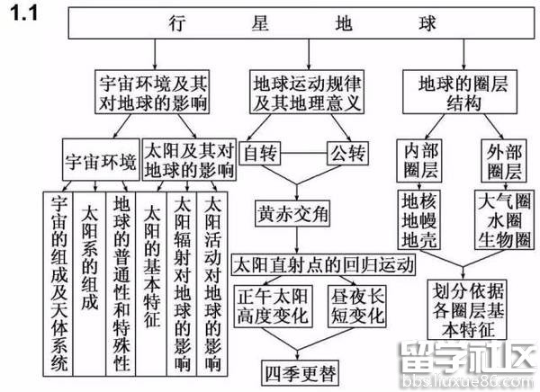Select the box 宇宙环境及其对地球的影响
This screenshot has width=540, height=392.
150,93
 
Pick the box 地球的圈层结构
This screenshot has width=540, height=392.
463,93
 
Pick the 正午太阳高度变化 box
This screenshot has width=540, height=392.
272,306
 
